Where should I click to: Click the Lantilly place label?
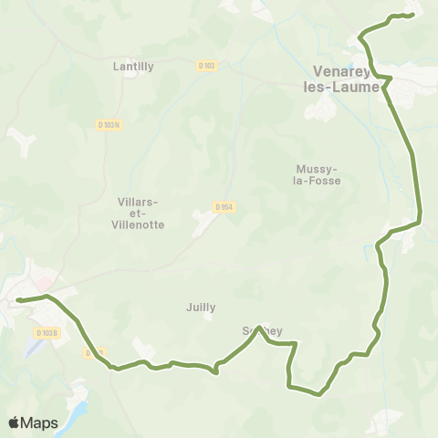tap(133, 67)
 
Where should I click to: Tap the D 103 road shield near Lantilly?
tap(205, 66)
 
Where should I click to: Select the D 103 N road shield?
tap(109, 125)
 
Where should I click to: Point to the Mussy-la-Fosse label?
tap(318, 174)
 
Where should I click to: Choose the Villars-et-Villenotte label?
tap(141, 213)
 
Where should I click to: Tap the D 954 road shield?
tap(224, 207)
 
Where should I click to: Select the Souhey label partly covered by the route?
tap(258, 330)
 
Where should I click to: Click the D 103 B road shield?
tap(47, 332)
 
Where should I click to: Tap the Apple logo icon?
tap(15, 422)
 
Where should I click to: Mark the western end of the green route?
tap(17, 299)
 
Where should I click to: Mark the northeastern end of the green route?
tap(412, 14)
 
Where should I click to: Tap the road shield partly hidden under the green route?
tap(93, 351)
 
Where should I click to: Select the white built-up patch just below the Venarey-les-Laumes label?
tap(322, 109)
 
